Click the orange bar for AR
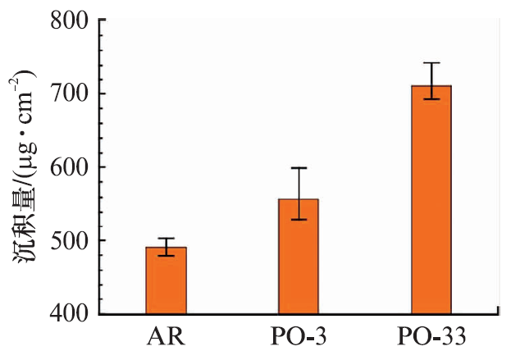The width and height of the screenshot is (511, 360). pyautogui.click(x=167, y=280)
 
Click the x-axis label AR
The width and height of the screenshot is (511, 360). pyautogui.click(x=167, y=339)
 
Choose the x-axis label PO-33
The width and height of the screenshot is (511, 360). pyautogui.click(x=432, y=339)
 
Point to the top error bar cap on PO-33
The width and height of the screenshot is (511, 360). pyautogui.click(x=431, y=63)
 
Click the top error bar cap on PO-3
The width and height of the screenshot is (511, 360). pyautogui.click(x=299, y=168)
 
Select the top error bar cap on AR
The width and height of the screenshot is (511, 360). pyautogui.click(x=167, y=239)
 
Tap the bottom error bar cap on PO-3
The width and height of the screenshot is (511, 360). pyautogui.click(x=299, y=220)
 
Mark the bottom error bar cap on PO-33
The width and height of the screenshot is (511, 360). pyautogui.click(x=431, y=99)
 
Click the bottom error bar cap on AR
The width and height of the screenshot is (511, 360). pyautogui.click(x=167, y=256)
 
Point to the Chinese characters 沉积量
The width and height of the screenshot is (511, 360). pyautogui.click(x=24, y=239)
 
